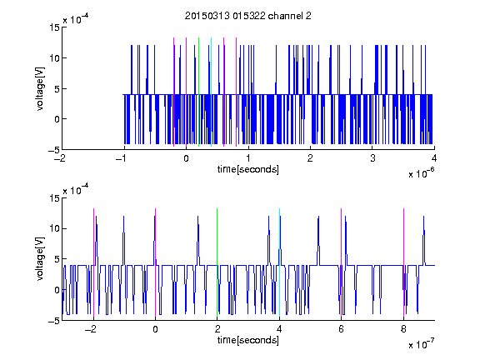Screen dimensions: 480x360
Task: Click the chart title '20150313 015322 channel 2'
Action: point(248,16)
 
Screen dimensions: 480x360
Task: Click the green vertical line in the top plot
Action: point(198,92)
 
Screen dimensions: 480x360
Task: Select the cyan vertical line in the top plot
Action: point(211,92)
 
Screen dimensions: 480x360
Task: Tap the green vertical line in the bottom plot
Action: point(217,262)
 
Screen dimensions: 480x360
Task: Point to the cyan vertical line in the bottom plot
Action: point(279,262)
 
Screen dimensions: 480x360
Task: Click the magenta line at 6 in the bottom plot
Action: point(342,262)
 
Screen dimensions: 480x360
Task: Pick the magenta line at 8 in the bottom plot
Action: point(404,262)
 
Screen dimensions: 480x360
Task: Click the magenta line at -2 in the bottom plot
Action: point(93,262)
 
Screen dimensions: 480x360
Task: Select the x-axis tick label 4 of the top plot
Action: point(434,158)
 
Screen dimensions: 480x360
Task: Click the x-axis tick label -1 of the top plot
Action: point(122,158)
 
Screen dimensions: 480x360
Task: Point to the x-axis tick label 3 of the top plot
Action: point(372,158)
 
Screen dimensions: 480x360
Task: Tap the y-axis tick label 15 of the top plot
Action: point(54,27)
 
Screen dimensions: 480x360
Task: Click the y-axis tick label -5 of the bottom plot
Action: point(54,321)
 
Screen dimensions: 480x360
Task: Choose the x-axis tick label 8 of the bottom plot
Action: point(403,329)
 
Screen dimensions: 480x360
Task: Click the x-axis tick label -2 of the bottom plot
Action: point(91,329)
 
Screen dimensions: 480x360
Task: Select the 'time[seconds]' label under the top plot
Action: point(248,169)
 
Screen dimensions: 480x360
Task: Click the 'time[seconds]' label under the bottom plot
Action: point(248,340)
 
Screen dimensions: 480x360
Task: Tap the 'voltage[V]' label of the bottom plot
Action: point(40,259)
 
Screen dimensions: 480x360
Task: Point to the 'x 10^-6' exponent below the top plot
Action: point(422,173)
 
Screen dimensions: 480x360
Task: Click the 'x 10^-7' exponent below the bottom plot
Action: point(422,344)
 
